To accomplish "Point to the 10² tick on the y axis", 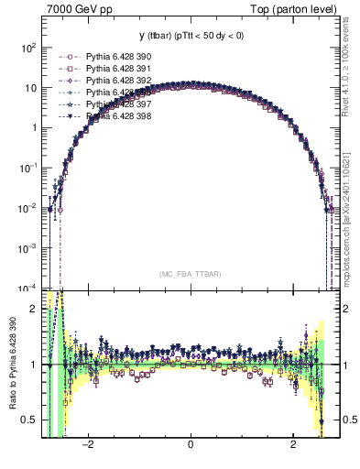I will [x=29, y=47].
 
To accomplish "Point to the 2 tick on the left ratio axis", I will [x=33, y=309].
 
